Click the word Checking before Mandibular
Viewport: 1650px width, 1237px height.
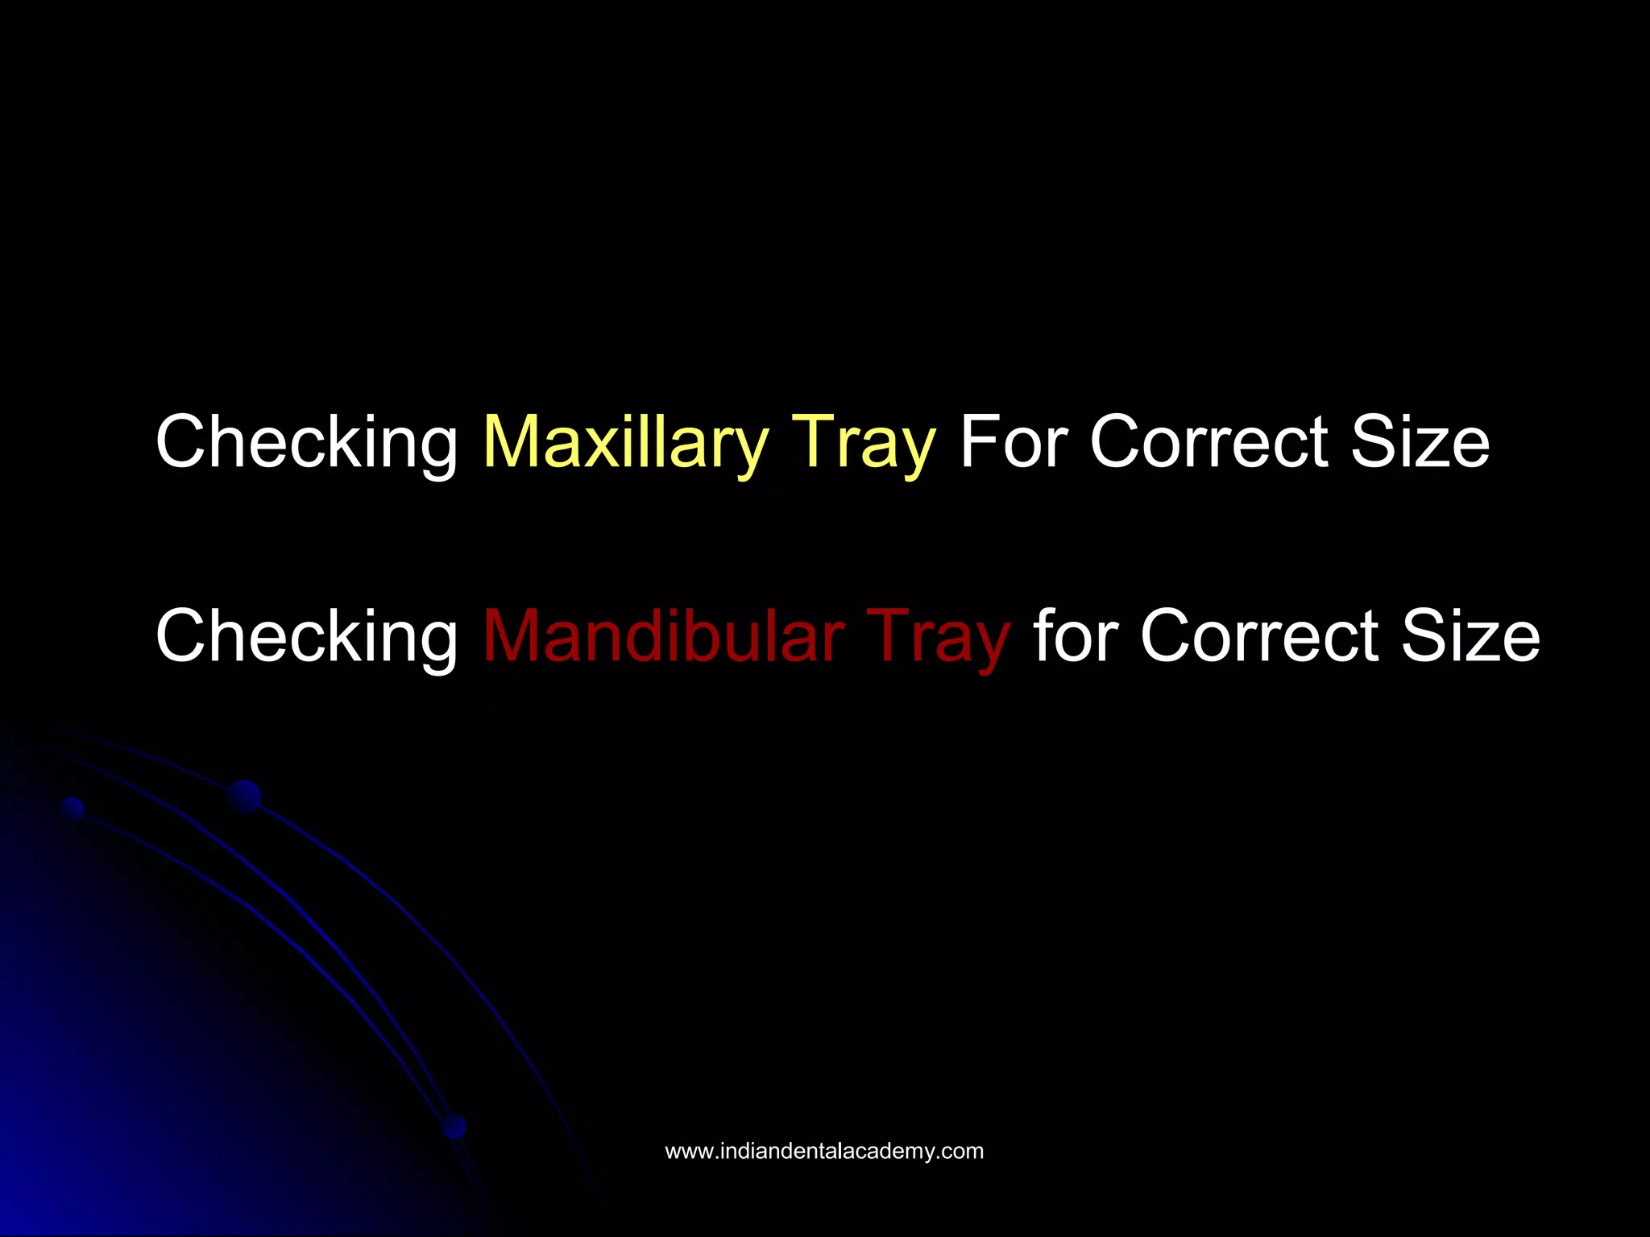pos(306,635)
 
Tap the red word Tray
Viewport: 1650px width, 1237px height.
pos(938,635)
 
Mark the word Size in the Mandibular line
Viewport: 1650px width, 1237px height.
pos(1470,635)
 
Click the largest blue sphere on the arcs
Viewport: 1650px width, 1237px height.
pos(244,796)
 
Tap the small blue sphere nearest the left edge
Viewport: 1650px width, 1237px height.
pos(73,808)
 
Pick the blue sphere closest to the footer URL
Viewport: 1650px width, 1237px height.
pos(454,1126)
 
